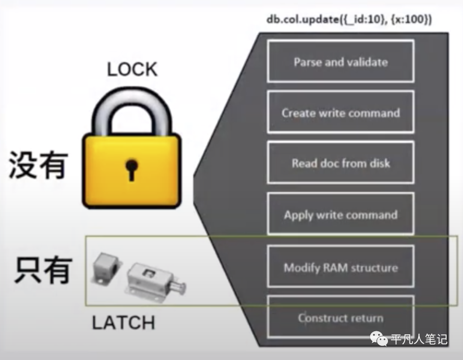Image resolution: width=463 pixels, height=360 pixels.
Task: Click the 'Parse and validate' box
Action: pyautogui.click(x=340, y=61)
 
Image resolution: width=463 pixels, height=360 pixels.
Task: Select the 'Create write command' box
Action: pyautogui.click(x=340, y=112)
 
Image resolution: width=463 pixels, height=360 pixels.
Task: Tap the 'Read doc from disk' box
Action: pyautogui.click(x=340, y=163)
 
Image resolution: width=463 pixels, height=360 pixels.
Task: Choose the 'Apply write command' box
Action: pyautogui.click(x=340, y=214)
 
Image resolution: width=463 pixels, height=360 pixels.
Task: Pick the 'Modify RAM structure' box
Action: pyautogui.click(x=340, y=267)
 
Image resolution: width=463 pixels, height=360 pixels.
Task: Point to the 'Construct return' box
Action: pyautogui.click(x=340, y=318)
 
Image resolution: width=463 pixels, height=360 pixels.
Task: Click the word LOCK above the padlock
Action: pyautogui.click(x=132, y=69)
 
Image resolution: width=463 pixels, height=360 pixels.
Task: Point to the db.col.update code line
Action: pyautogui.click(x=349, y=20)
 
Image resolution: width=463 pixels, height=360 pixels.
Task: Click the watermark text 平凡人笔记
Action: pyautogui.click(x=419, y=340)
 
